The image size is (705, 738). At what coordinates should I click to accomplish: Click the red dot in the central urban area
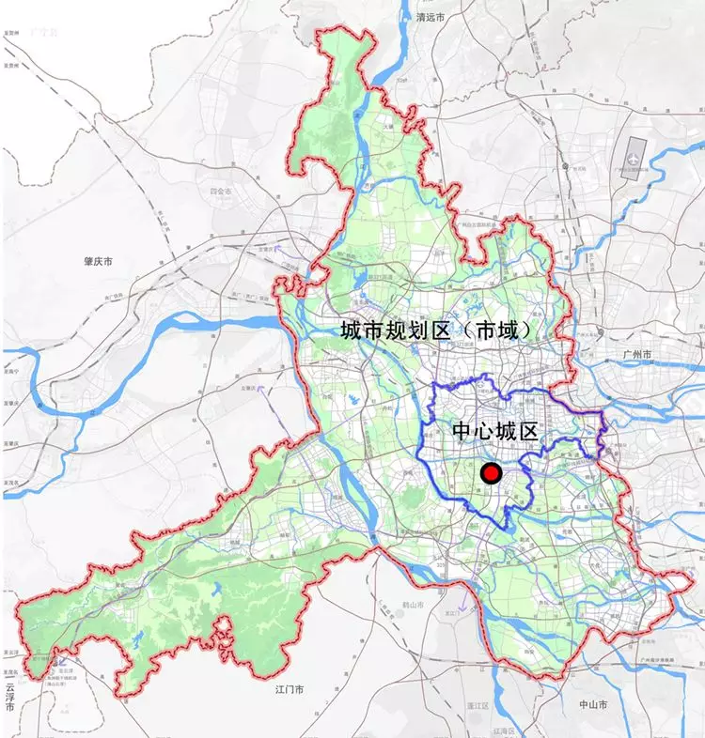click(490, 474)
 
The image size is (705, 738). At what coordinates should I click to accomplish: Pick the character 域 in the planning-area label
click(514, 331)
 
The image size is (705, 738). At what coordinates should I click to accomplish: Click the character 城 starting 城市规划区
click(352, 331)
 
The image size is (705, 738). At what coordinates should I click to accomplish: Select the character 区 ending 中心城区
click(527, 433)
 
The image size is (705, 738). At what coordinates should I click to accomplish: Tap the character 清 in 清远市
click(421, 17)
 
